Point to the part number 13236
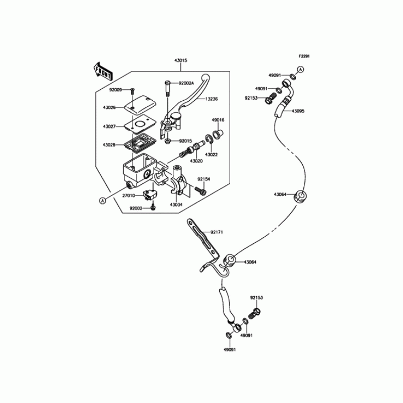tap(212, 100)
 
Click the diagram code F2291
tap(303, 56)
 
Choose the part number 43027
tap(109, 126)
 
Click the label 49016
tap(218, 120)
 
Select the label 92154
tap(203, 178)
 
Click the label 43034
tap(176, 205)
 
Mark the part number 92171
tap(217, 232)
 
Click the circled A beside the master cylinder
tap(103, 200)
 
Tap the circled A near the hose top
tap(301, 69)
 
